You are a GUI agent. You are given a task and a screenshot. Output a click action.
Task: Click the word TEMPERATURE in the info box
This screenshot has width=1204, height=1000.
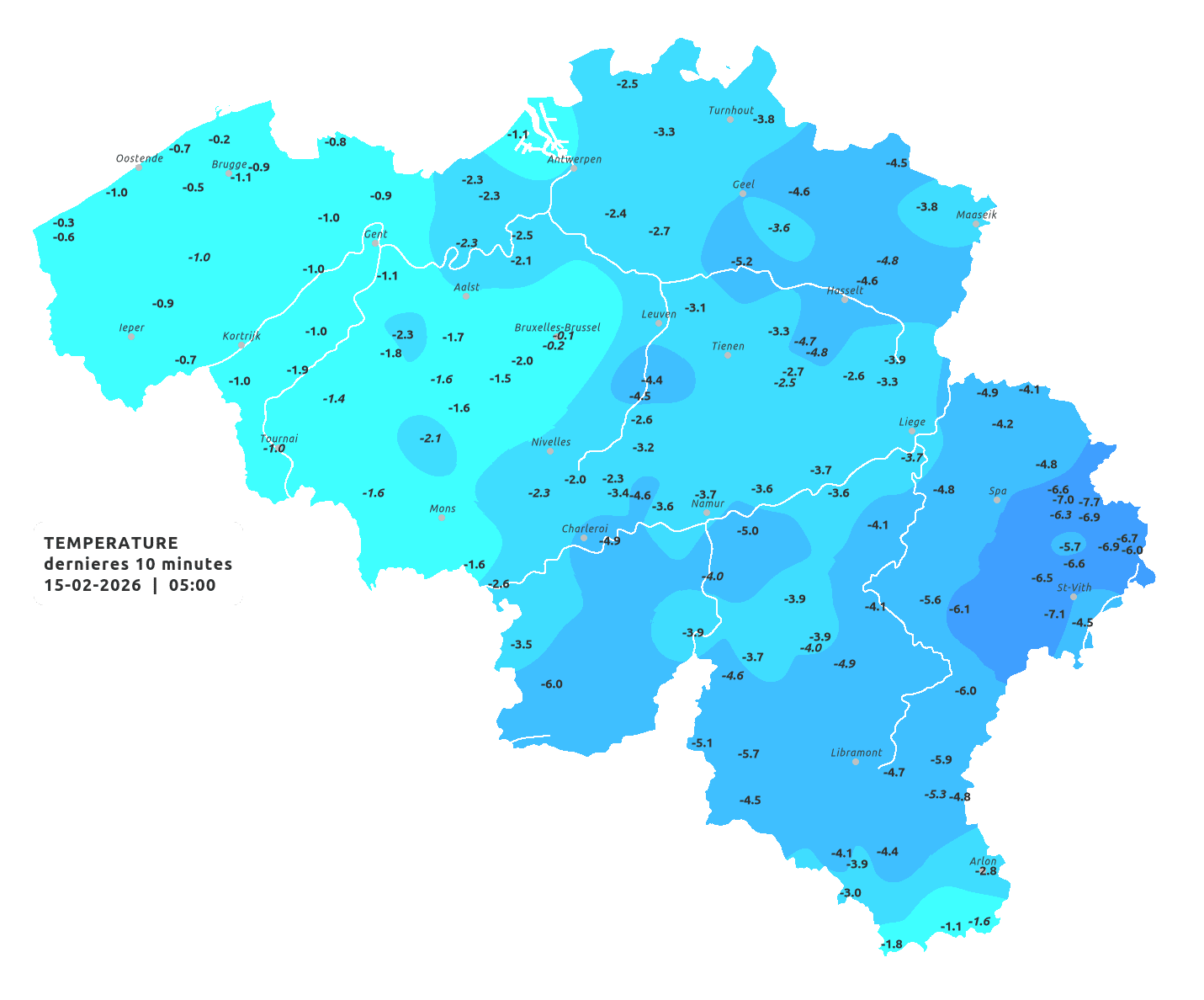(111, 543)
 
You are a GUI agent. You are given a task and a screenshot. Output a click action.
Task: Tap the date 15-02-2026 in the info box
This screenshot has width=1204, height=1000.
(93, 585)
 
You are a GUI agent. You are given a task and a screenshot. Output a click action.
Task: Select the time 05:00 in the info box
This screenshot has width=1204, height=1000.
(192, 585)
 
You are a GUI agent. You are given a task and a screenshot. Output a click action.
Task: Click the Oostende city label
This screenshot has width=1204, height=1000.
(139, 158)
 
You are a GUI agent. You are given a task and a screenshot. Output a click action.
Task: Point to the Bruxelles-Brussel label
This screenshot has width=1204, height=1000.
(557, 327)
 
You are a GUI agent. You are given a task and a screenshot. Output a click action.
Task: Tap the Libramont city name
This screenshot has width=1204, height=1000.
(856, 753)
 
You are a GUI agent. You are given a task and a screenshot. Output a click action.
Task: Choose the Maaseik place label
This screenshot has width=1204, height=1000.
(976, 215)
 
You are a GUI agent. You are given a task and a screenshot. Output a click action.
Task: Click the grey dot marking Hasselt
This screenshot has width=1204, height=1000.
(845, 300)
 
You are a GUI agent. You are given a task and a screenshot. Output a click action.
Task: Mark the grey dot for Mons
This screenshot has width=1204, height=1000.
(442, 518)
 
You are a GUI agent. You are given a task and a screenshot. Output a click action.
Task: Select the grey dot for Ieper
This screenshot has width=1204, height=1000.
(130, 336)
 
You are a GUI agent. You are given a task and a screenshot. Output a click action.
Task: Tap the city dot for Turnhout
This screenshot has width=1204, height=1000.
(730, 120)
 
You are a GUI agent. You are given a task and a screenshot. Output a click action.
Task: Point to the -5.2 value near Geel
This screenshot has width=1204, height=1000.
(741, 262)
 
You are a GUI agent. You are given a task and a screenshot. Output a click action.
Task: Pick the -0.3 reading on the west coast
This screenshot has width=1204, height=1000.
(63, 223)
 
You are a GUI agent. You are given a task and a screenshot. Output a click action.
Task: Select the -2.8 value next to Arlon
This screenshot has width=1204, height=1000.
(985, 871)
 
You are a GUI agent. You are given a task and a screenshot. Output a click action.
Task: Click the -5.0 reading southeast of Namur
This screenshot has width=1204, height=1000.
(747, 531)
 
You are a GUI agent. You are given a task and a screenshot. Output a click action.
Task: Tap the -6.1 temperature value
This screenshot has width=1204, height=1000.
(959, 609)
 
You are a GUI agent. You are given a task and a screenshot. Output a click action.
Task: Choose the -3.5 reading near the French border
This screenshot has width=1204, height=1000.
(521, 644)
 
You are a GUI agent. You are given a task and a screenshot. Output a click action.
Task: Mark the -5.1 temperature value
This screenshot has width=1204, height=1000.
(701, 742)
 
